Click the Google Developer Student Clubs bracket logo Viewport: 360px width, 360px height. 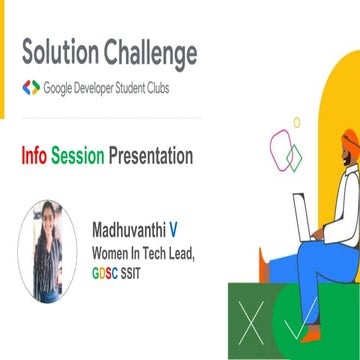[31, 88]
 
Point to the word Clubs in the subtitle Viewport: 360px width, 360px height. [181, 88]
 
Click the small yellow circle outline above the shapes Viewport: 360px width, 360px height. [296, 122]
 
